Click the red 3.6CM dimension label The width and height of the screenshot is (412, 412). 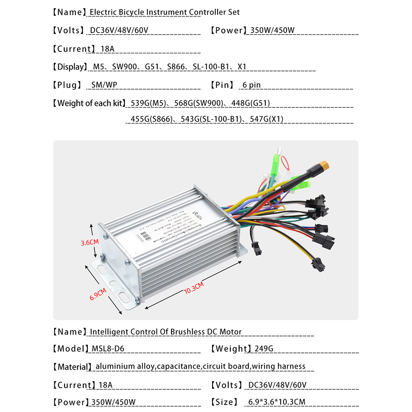[90, 243]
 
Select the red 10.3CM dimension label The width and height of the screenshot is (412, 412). [194, 287]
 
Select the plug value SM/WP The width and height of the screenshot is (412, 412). [104, 85]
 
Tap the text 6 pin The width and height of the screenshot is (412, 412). [251, 85]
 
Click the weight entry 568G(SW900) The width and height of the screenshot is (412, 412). [199, 103]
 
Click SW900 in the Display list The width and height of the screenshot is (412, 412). [124, 67]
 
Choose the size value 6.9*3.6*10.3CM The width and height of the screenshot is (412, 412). [276, 402]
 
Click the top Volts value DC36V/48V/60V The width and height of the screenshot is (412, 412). [119, 30]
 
